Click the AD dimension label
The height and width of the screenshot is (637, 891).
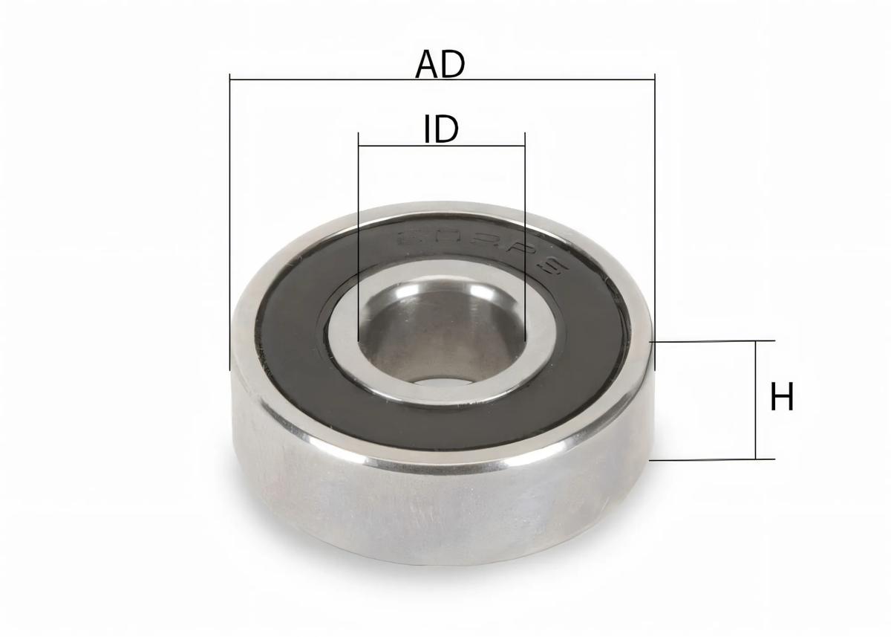coord(440,64)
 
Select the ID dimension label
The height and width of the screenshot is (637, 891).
coord(441,129)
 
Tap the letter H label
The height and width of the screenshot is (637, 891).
coord(781,397)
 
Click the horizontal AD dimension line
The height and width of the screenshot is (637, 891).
coord(334,77)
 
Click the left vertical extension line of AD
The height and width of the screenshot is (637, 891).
coord(230,223)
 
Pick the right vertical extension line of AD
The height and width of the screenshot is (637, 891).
coord(655,223)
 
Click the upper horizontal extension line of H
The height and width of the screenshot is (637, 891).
coord(713,341)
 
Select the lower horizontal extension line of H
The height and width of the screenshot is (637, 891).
coord(713,459)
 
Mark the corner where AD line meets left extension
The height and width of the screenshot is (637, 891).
coord(230,77)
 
